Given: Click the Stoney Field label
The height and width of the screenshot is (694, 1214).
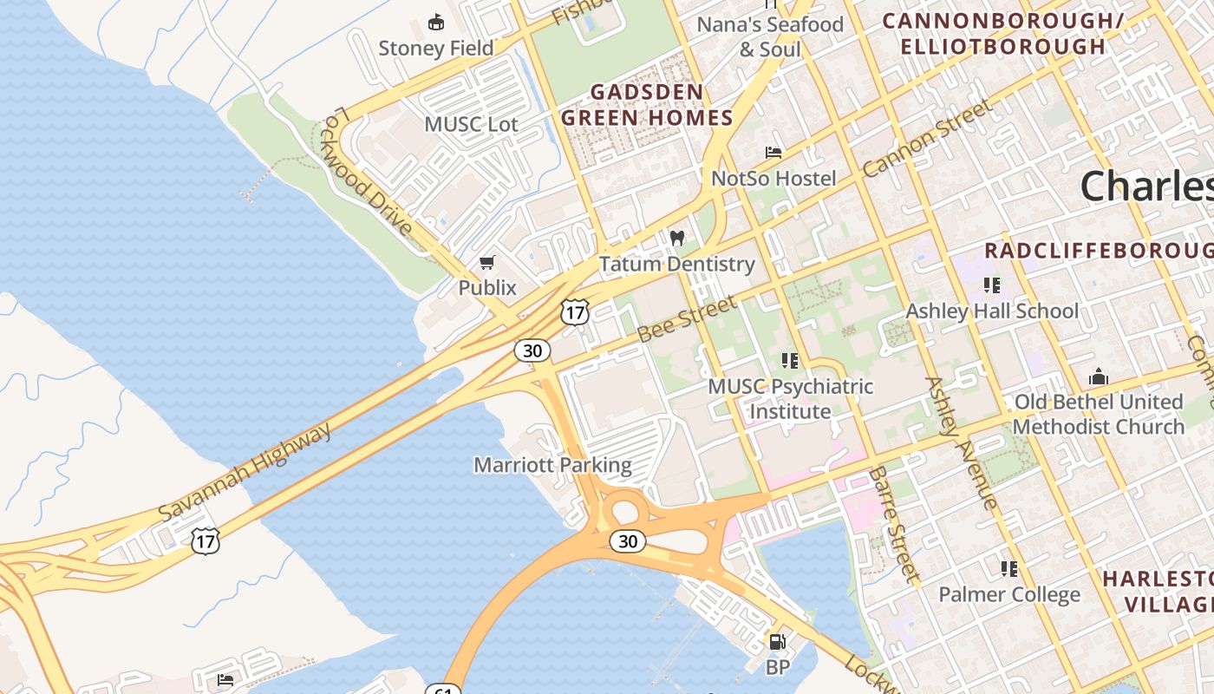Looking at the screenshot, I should click(x=435, y=48).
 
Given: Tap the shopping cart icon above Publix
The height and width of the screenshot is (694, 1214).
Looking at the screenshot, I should click(x=487, y=262).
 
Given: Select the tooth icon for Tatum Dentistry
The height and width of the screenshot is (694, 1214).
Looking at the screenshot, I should click(x=677, y=238).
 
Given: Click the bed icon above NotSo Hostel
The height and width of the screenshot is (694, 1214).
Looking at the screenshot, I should click(x=773, y=153).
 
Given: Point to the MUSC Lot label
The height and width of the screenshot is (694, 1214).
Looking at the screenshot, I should click(x=471, y=124).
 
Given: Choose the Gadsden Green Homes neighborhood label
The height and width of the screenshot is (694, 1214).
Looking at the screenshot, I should click(x=647, y=104).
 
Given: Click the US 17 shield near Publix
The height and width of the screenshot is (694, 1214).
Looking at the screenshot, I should click(x=575, y=312).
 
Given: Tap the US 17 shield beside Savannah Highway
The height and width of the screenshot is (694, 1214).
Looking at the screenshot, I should click(x=206, y=541).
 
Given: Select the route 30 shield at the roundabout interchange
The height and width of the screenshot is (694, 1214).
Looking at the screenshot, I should click(x=627, y=541).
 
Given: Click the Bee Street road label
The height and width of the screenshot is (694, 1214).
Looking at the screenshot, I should click(x=687, y=318).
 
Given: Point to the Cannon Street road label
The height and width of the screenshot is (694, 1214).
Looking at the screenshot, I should click(x=926, y=139).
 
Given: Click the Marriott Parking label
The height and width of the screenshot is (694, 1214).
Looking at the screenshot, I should click(x=552, y=465).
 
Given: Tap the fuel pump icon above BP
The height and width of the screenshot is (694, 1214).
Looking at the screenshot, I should click(x=778, y=642).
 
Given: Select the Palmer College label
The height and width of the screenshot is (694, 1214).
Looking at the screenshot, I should click(x=1009, y=594).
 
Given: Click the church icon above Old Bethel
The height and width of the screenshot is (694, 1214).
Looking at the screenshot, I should click(x=1099, y=376).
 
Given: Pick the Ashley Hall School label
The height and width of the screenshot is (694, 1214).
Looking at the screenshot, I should click(x=992, y=311).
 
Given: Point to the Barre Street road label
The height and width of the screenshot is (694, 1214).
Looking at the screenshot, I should click(x=893, y=524).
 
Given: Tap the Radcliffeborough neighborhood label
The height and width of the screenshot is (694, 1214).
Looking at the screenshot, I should click(x=1098, y=251).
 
